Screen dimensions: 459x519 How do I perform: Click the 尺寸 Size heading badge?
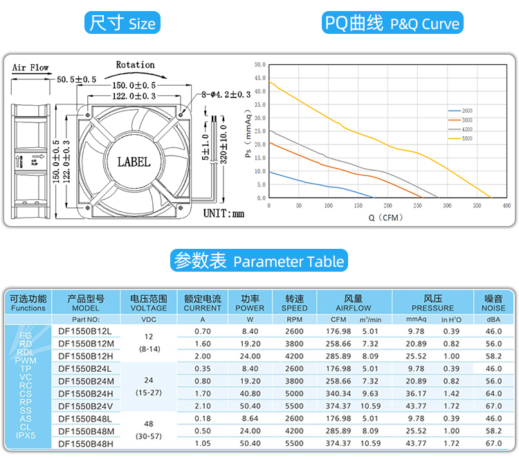[x=122, y=24]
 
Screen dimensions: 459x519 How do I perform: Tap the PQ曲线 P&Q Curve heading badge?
[x=392, y=24]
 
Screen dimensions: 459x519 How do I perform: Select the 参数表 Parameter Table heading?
[x=259, y=261]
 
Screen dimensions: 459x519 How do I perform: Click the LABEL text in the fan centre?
[x=134, y=162]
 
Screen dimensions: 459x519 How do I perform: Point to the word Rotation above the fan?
[x=135, y=65]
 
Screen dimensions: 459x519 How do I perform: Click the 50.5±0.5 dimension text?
[x=76, y=80]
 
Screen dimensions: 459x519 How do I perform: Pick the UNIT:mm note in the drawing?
[x=224, y=213]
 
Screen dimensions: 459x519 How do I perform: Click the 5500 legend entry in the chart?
[x=466, y=139]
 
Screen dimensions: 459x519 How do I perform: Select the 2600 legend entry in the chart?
[x=466, y=111]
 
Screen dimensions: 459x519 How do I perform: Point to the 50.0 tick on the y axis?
[x=259, y=64]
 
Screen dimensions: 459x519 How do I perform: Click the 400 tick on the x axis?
[x=507, y=206]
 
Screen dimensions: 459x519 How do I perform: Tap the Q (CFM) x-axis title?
[x=385, y=218]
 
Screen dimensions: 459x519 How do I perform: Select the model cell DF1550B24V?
[x=86, y=406]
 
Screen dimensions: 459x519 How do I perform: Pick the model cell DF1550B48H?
[x=86, y=443]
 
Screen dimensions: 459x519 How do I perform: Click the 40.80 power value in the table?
[x=250, y=393]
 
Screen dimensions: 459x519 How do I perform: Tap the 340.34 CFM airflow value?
[x=338, y=393]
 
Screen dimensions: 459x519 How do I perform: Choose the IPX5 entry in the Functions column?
[x=26, y=435]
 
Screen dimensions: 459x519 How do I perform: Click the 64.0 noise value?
[x=493, y=393]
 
